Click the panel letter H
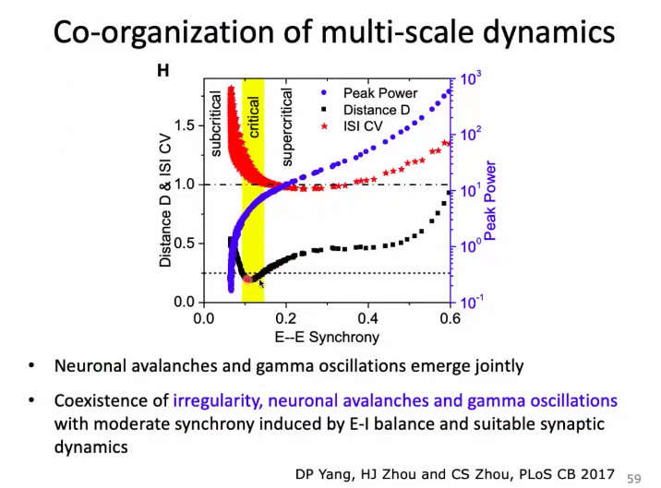coord(163,70)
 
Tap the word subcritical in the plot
coord(215,125)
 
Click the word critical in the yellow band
coord(253,117)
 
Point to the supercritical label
coord(287,127)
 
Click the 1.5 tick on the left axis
coord(185,125)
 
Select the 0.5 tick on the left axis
coord(185,244)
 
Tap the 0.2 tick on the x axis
coord(286,318)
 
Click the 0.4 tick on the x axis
coord(368,318)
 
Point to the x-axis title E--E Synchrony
coord(327,337)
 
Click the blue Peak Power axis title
coord(490,200)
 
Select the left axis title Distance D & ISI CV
coord(165,200)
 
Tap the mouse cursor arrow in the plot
coord(261,283)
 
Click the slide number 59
coord(634,479)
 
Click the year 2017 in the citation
coord(597,474)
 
